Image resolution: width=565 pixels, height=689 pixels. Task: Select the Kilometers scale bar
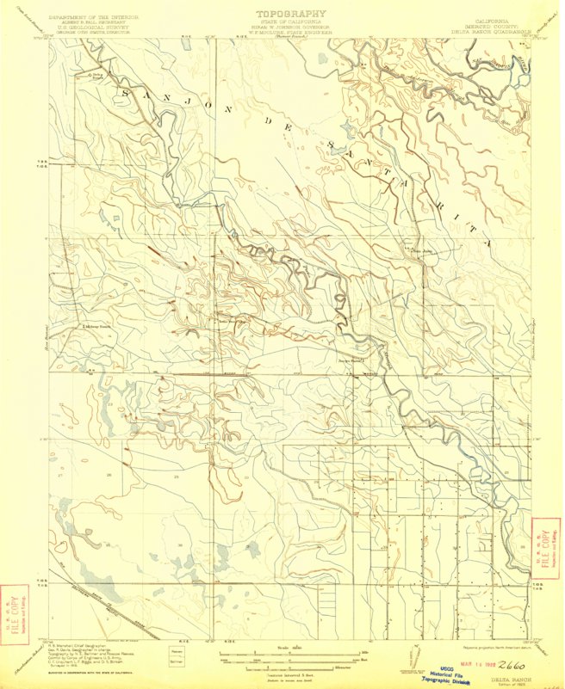pyautogui.click(x=277, y=669)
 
